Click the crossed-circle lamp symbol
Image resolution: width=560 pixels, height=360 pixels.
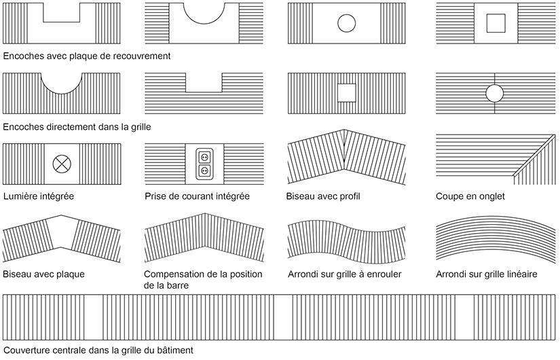(62, 164)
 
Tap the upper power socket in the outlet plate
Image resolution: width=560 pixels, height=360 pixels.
(204, 157)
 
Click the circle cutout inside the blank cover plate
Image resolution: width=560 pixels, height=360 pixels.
(346, 23)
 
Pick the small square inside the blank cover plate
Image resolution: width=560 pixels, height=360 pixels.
(496, 23)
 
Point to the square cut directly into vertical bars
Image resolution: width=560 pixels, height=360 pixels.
(346, 93)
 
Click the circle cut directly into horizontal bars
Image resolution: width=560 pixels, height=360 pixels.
(495, 94)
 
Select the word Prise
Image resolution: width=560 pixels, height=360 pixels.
(155, 196)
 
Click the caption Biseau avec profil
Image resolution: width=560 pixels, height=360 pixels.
(323, 196)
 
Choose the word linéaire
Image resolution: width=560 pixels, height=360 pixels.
(521, 274)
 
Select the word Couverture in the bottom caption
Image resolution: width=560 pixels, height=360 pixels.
(26, 350)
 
